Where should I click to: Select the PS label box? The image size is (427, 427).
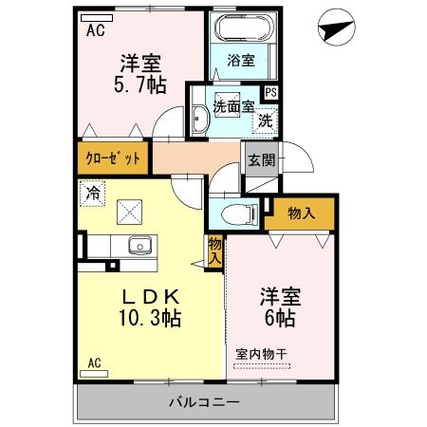tap(270, 93)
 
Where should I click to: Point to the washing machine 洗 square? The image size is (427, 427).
tap(266, 121)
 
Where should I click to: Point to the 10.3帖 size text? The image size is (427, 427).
tap(142, 318)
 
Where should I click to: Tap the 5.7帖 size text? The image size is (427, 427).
tap(141, 86)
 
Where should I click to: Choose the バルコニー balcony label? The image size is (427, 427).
tap(204, 402)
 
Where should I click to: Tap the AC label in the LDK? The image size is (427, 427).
tap(95, 362)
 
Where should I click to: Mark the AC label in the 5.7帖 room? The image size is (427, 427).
tap(95, 30)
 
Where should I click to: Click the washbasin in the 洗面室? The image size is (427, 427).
tap(199, 119)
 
